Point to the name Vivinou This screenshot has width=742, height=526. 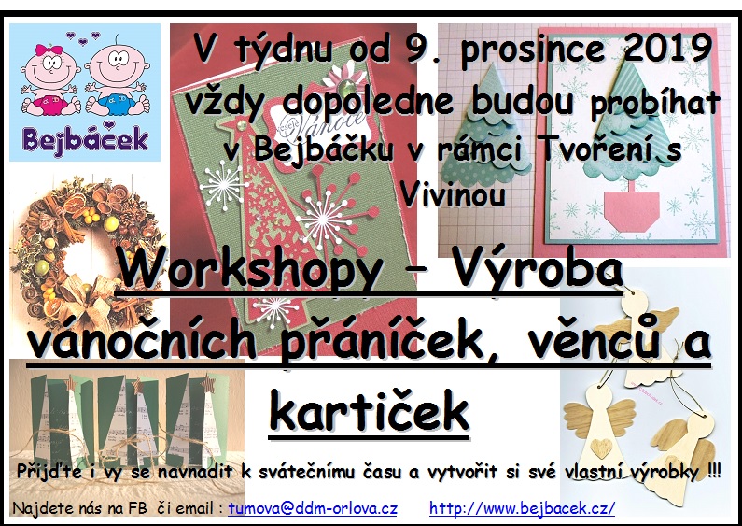click(x=453, y=194)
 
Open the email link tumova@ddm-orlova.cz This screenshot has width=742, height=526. click(x=313, y=508)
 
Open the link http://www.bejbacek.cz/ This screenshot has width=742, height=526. click(x=522, y=508)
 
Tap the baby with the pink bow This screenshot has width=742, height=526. click(x=49, y=79)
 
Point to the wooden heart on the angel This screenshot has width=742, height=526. click(x=601, y=448)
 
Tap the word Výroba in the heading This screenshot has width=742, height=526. click(x=537, y=271)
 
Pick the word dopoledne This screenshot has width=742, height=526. click(x=368, y=101)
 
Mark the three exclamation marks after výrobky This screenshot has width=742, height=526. click(x=715, y=470)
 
